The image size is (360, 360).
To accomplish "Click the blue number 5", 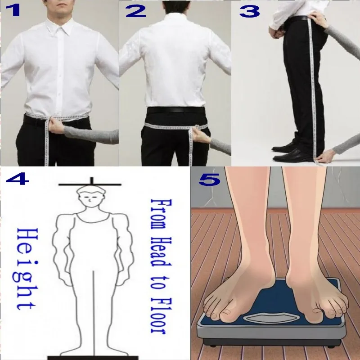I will (x=209, y=179).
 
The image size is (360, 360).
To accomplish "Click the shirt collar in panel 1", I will (x=60, y=22).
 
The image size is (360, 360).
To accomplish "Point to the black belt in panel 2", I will (x=173, y=110).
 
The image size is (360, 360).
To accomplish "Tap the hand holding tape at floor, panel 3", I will (x=326, y=157).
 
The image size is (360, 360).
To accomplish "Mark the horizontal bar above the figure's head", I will (x=90, y=184).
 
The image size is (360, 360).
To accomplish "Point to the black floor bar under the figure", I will (x=90, y=357).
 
